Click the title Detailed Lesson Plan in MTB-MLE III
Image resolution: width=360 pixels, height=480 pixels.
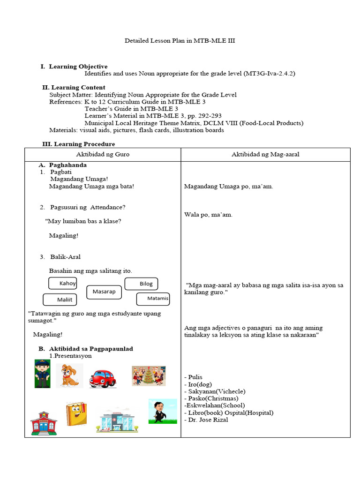coord(180,41)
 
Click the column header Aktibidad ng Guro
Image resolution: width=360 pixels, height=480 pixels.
coord(103,154)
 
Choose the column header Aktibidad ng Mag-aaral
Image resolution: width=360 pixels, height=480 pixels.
coord(265,154)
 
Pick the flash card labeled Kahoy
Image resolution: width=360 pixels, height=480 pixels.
coord(63,283)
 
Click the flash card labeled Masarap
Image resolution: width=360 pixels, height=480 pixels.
coord(104,292)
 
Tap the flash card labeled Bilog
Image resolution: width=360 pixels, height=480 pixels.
coord(142,284)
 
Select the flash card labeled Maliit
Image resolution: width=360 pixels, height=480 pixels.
coord(60,300)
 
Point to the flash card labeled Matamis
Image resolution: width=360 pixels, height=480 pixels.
coord(153,299)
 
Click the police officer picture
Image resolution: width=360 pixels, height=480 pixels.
coord(42,374)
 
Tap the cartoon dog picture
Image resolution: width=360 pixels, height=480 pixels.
coord(69,375)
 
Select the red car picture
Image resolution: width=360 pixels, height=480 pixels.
coord(103,377)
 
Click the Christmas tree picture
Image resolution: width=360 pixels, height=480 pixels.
coord(149,376)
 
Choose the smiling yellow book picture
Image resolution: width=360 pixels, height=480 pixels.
coord(76,413)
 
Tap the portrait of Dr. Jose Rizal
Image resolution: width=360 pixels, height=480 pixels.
coord(162,411)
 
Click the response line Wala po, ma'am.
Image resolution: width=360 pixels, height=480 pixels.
coord(208,215)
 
